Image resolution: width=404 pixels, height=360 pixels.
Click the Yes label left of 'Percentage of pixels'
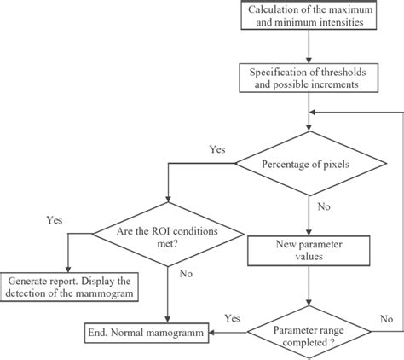[217, 149]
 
